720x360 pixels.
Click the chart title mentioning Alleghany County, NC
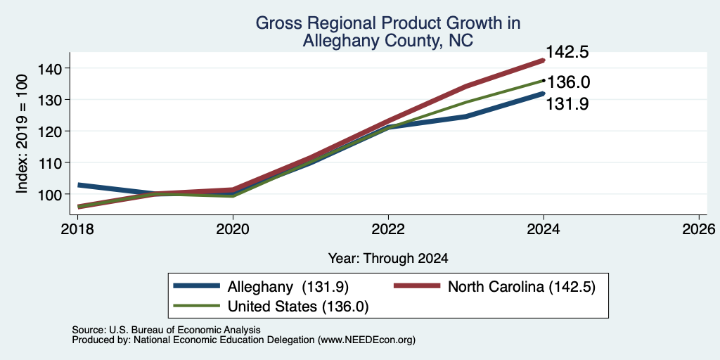(388, 32)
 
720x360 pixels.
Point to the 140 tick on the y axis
(51, 68)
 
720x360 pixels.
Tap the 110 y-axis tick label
(51, 162)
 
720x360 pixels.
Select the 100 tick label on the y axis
(51, 194)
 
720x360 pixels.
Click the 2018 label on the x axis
(78, 229)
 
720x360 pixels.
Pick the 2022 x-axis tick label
(388, 229)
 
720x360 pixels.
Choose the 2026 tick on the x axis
(699, 229)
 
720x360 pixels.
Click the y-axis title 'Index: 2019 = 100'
(22, 134)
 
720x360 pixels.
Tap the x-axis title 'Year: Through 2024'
(388, 259)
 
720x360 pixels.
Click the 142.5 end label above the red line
(567, 52)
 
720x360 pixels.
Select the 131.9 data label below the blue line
(567, 104)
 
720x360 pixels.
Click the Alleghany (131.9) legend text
(288, 287)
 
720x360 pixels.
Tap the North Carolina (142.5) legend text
(522, 287)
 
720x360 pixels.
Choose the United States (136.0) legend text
(298, 307)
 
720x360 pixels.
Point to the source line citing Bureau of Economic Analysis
(166, 330)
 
